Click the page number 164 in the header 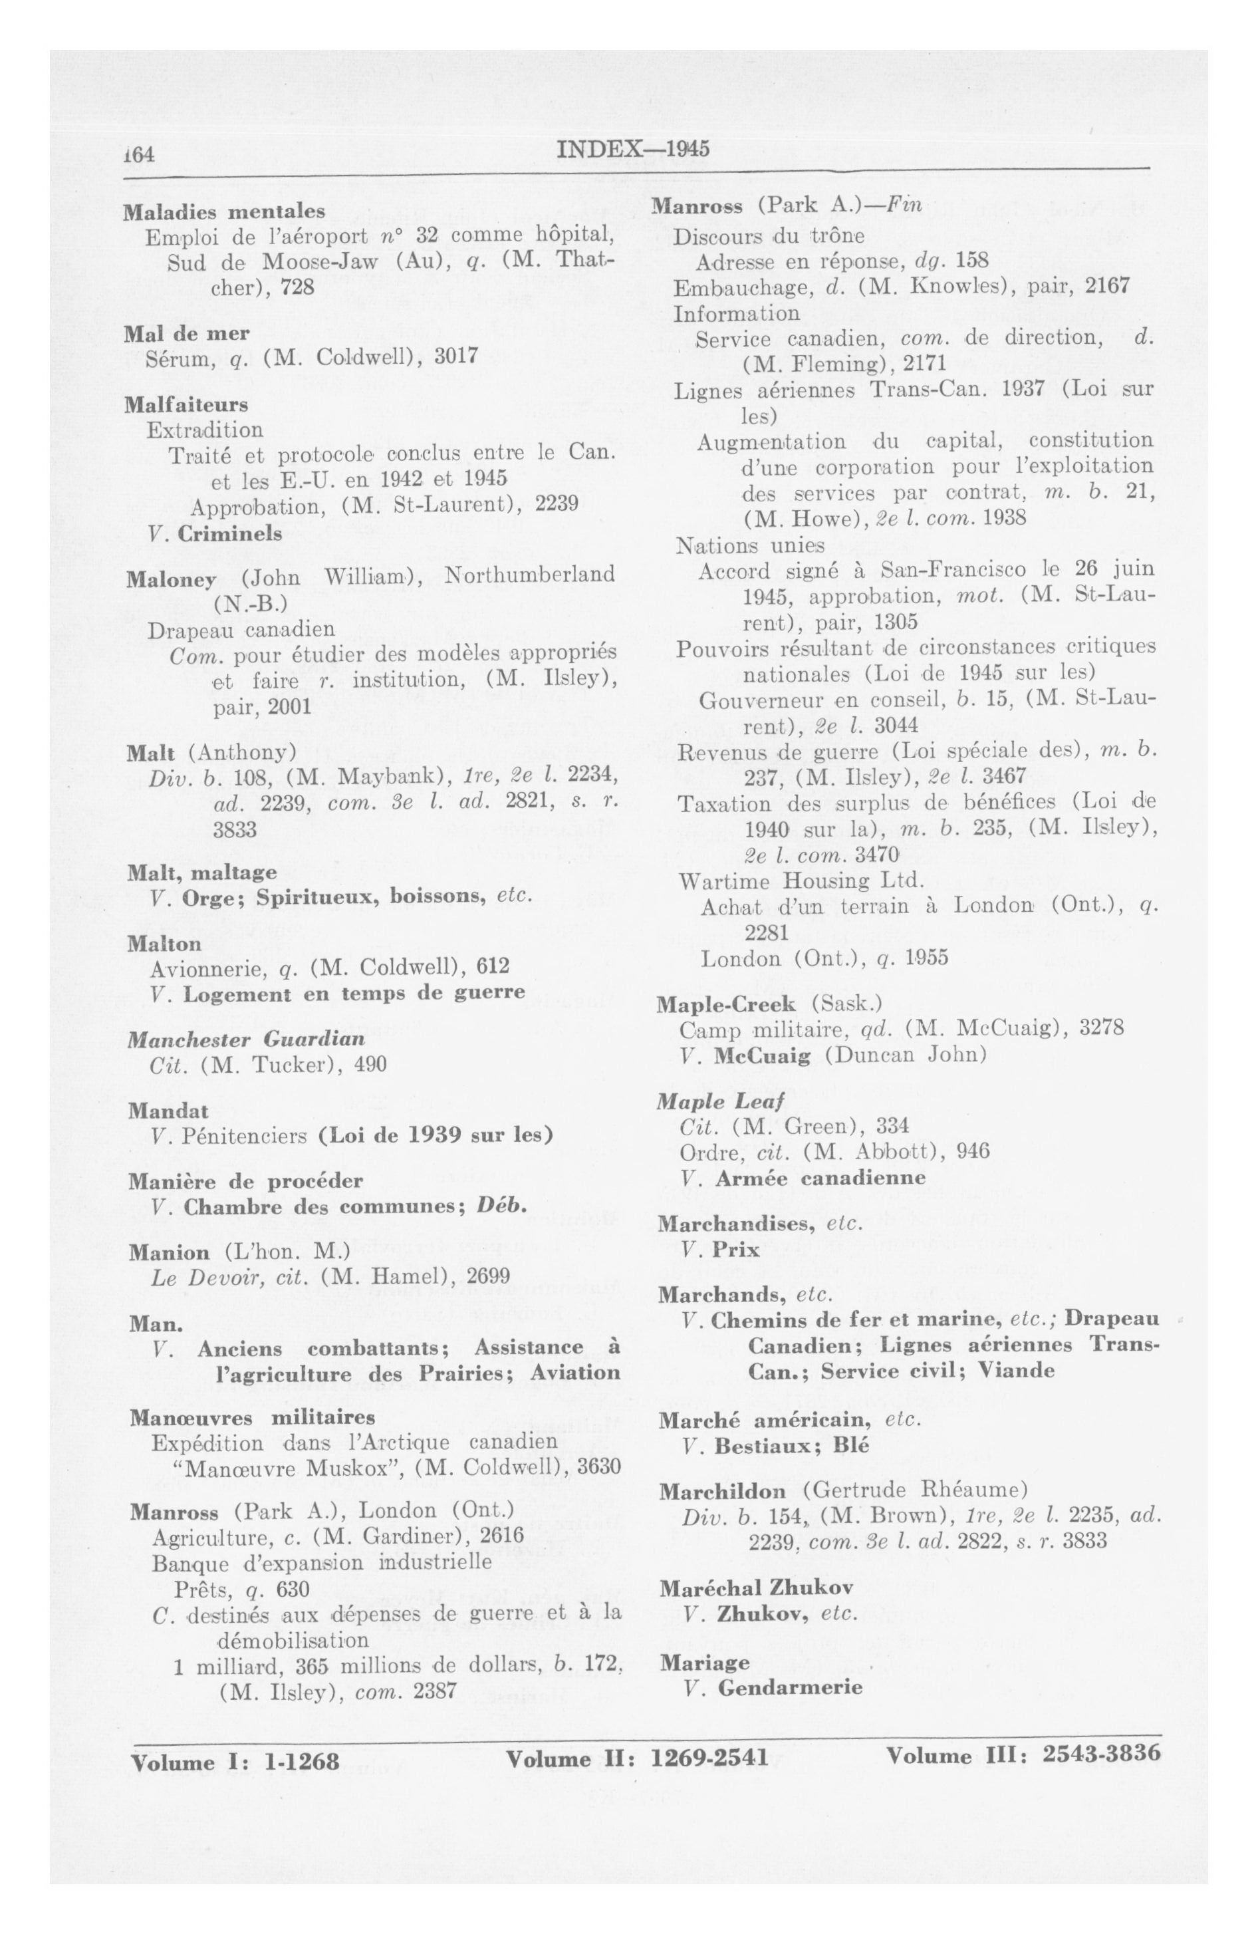(140, 154)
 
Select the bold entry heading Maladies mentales (224, 212)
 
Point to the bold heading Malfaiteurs (186, 404)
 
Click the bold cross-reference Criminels (230, 534)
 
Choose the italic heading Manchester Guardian (246, 1039)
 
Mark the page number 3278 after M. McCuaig (1101, 1028)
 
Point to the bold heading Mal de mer (186, 333)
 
